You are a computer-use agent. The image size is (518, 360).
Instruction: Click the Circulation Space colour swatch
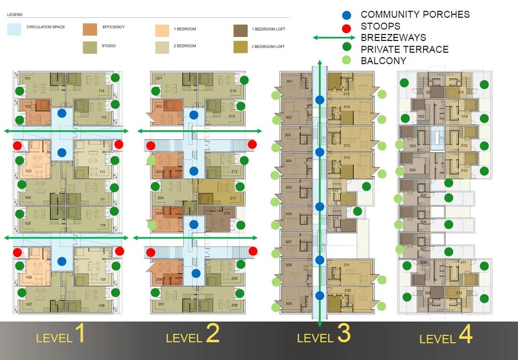tap(14, 29)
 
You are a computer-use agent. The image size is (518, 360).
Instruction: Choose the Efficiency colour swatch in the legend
tap(90, 29)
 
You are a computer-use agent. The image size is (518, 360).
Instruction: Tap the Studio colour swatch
tap(90, 47)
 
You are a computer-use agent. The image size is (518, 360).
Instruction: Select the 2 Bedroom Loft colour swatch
tap(241, 47)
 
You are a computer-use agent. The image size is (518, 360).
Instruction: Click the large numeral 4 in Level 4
tap(464, 334)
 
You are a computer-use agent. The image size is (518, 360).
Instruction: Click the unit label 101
tap(28, 79)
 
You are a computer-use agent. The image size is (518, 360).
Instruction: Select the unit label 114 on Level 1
tap(102, 91)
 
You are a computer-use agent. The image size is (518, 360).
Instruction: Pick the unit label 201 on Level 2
tap(159, 78)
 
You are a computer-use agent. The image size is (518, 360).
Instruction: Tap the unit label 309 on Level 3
tap(289, 303)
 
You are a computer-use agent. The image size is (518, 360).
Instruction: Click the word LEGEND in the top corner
tap(15, 15)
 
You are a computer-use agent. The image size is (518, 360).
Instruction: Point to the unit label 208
tap(234, 305)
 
